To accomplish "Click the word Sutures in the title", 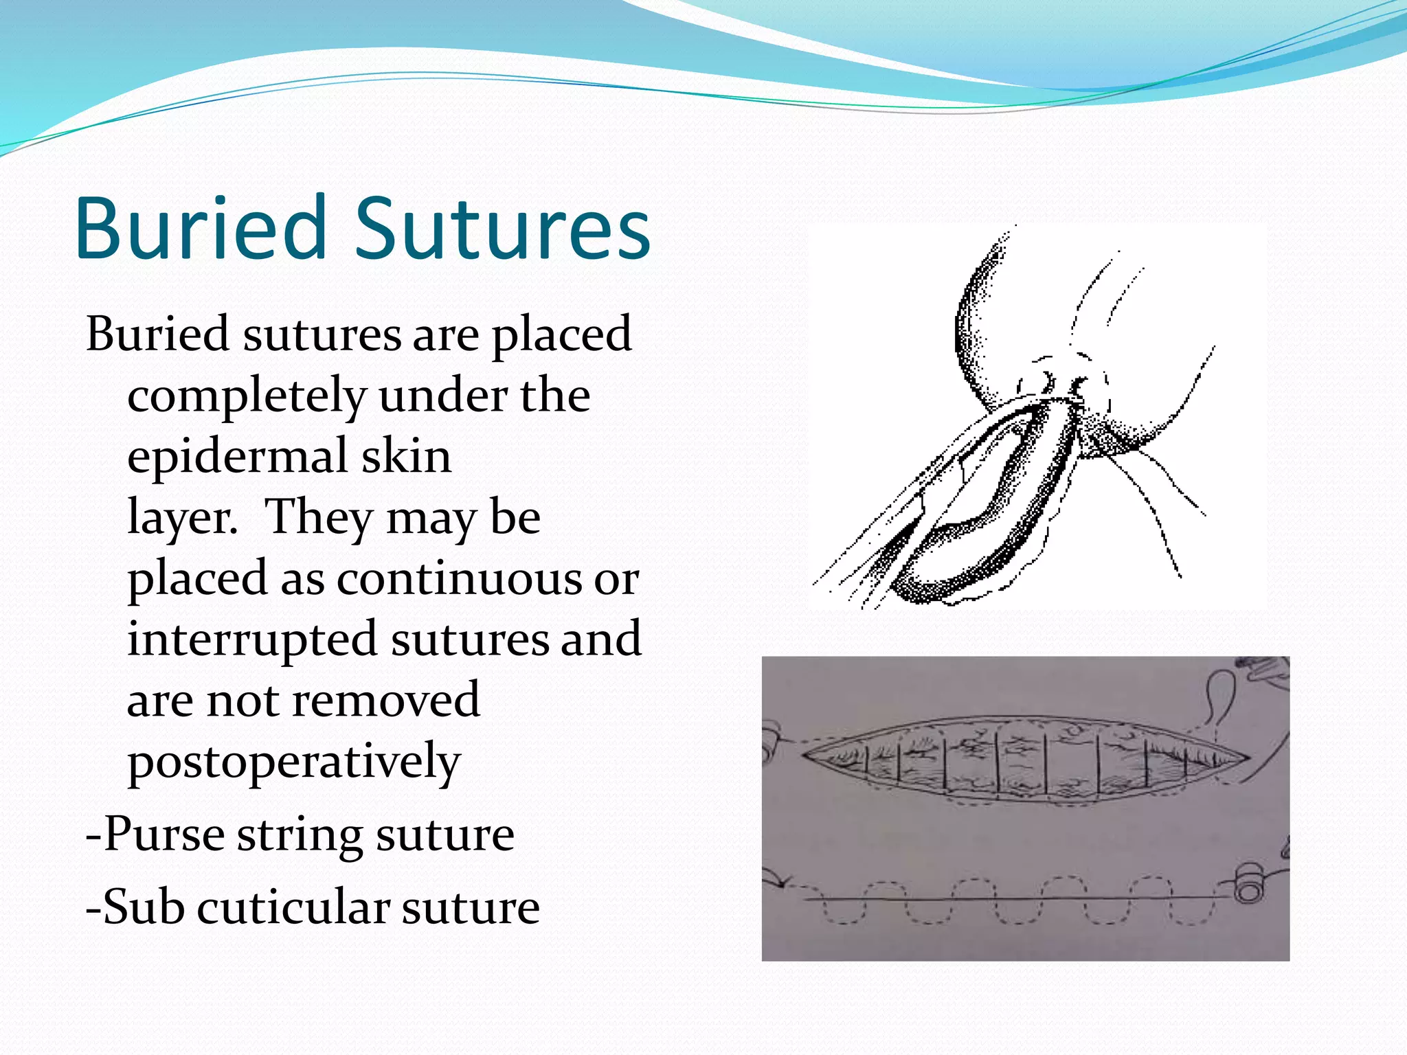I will pos(502,228).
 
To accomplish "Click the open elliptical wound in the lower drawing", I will pos(1024,761).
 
